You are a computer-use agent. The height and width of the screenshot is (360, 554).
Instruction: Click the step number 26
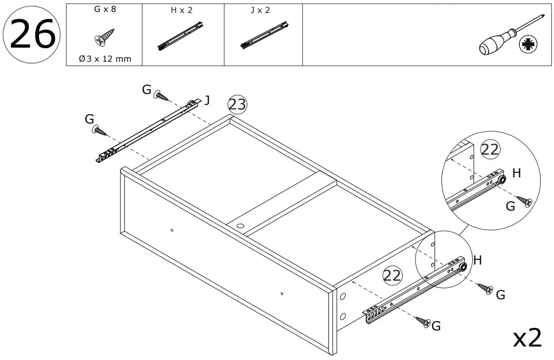click(32, 35)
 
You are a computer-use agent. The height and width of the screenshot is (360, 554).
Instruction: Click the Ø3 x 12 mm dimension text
click(105, 59)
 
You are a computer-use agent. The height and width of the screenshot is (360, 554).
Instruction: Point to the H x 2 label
click(182, 10)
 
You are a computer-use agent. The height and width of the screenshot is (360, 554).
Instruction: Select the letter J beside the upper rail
click(207, 100)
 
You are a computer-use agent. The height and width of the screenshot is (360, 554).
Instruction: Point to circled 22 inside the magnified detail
click(490, 149)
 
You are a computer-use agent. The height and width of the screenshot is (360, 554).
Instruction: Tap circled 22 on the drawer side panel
click(392, 275)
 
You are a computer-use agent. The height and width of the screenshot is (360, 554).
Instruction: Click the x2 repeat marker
click(528, 338)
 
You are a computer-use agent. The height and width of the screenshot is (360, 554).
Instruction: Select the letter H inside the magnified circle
click(516, 174)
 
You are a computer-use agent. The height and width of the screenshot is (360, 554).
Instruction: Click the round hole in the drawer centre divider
click(240, 226)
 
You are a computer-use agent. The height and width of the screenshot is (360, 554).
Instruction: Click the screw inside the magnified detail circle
click(527, 201)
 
